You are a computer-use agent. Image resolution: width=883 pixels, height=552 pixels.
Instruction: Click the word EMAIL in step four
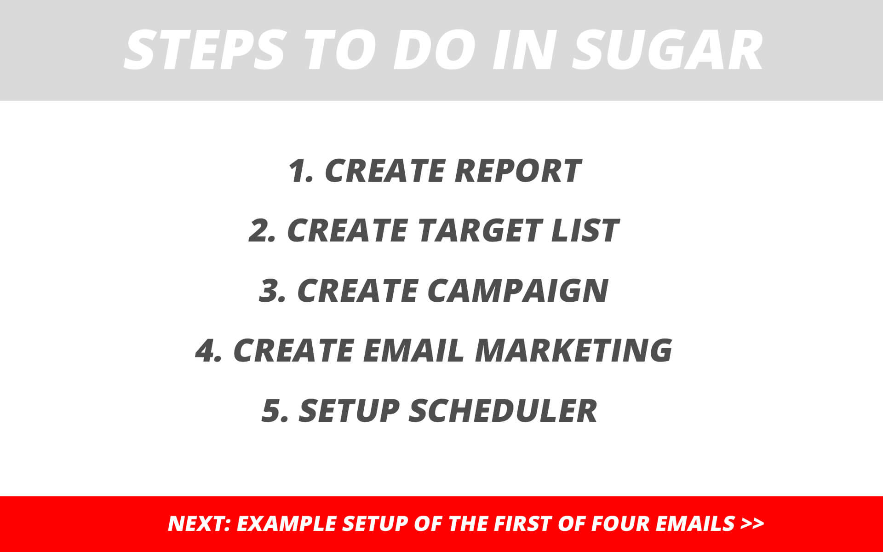click(413, 350)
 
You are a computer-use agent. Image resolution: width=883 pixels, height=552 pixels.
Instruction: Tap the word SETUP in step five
click(349, 410)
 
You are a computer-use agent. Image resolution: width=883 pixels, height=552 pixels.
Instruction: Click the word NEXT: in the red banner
click(199, 523)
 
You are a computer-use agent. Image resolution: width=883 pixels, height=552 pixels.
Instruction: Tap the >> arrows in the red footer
click(752, 523)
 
